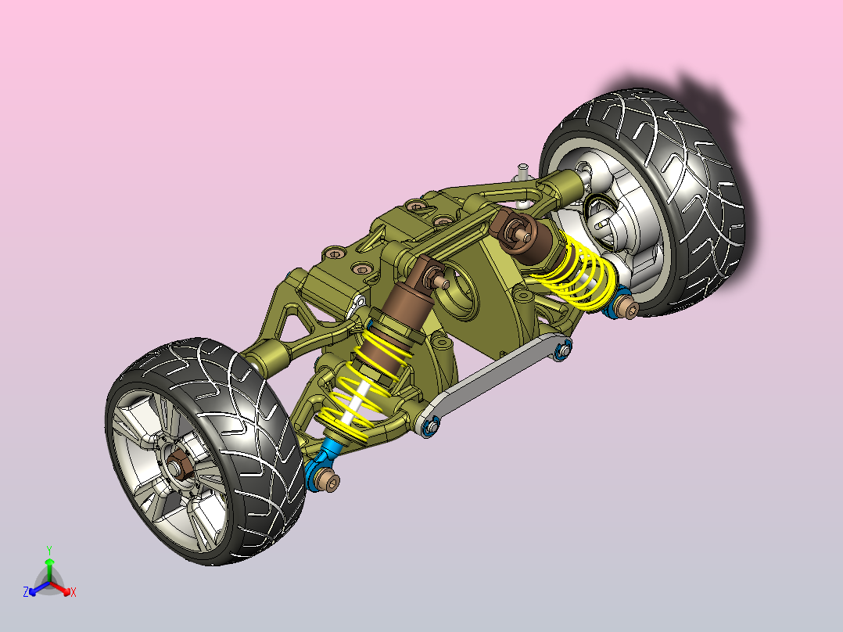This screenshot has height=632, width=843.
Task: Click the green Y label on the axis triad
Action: coord(49,550)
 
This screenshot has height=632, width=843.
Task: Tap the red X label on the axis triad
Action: coord(74,592)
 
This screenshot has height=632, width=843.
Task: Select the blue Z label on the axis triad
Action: coord(25,592)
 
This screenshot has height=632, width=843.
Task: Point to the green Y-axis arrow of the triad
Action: coord(49,570)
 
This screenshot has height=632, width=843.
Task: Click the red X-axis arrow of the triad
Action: coord(60,588)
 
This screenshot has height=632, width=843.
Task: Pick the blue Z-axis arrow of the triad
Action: coord(39,588)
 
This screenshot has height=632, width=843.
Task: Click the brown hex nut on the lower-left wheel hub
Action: coord(177,465)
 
